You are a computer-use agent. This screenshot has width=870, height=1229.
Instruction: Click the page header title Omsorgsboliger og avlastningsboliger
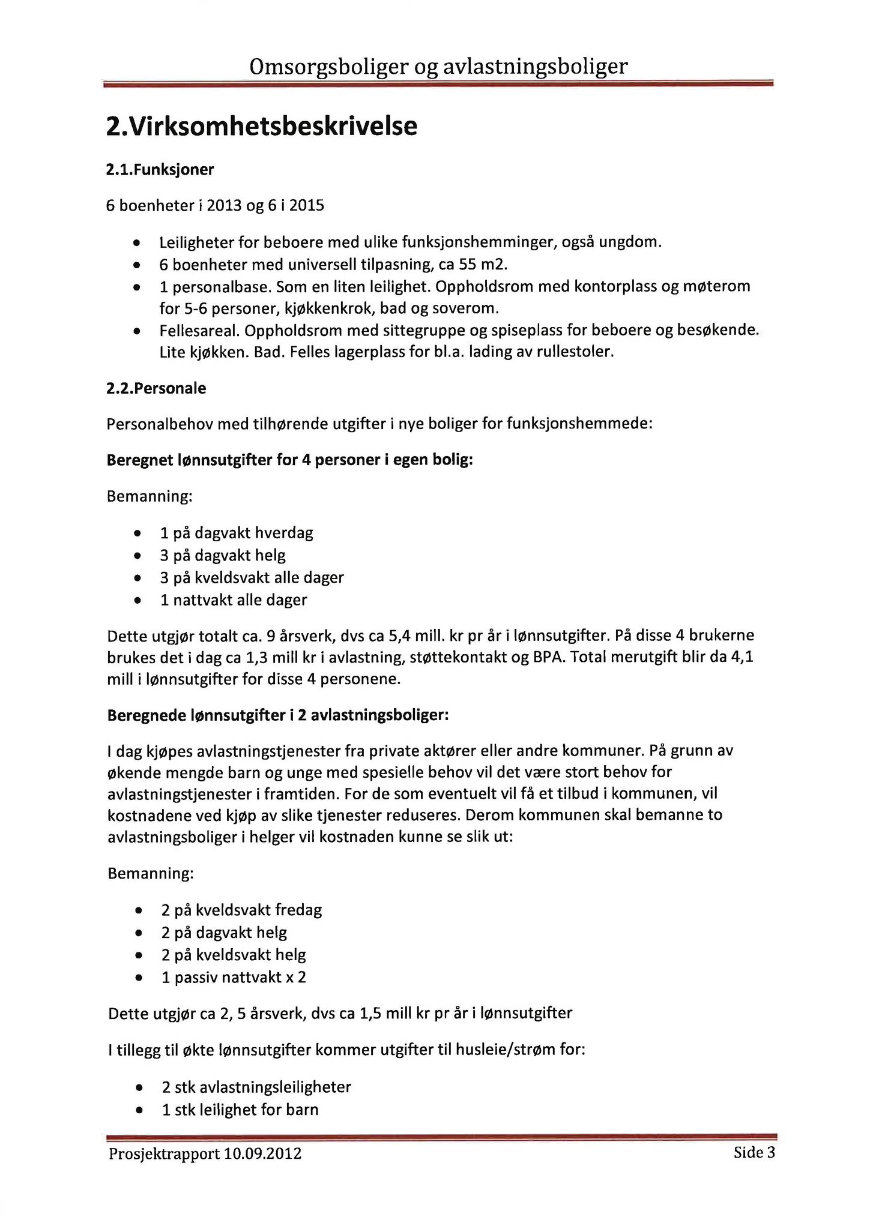point(438,67)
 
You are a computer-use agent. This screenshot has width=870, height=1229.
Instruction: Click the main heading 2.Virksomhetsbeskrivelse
point(261,127)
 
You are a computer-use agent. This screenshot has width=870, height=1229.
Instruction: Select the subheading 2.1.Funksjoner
point(160,170)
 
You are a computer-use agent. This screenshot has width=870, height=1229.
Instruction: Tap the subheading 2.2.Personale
point(156,388)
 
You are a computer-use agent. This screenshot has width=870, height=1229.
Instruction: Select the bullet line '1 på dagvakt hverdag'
point(237,533)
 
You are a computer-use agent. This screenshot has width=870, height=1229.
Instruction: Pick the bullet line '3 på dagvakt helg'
point(223,555)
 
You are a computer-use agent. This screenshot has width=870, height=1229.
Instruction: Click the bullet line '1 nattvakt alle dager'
point(234,600)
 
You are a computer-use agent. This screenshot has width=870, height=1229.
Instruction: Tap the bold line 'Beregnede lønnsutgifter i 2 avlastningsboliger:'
point(277,715)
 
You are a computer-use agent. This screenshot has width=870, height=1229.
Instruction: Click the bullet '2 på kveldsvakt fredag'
point(241,910)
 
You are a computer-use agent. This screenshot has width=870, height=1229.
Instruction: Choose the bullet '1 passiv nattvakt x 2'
point(234,978)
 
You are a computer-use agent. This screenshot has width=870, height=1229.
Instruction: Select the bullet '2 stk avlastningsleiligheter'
point(256,1087)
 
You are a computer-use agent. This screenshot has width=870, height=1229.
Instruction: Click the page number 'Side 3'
point(754,1153)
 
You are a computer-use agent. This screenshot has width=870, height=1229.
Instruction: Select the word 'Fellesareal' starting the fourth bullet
point(200,331)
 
